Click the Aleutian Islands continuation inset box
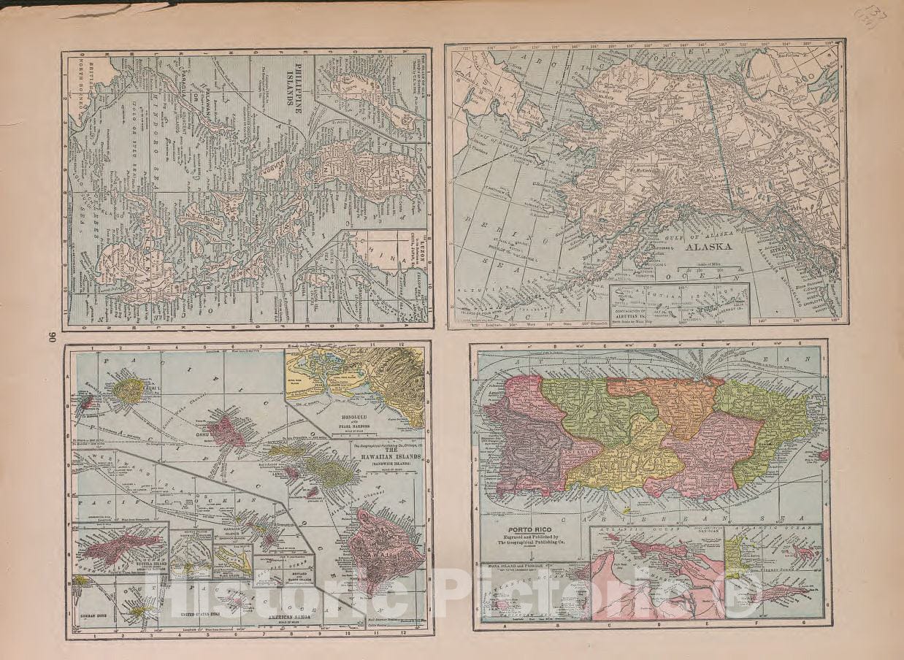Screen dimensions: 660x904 (x=679, y=304)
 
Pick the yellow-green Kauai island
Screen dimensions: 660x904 (x=129, y=391)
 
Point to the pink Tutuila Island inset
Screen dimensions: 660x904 (x=120, y=548)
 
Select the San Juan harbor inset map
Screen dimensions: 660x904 (x=657, y=573)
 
